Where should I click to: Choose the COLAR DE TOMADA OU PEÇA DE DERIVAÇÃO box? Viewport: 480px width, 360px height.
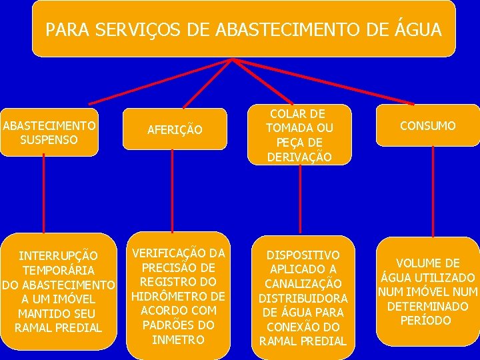coord(299,135)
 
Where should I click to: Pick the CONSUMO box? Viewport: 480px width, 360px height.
coord(427,125)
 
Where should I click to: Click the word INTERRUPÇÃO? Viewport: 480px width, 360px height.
coord(58,256)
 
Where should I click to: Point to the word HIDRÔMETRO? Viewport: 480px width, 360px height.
coord(178,296)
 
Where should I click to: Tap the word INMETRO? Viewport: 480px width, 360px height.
coord(178,339)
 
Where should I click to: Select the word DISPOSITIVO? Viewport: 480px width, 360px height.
coord(303,255)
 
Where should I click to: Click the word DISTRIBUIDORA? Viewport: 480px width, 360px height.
coord(303,298)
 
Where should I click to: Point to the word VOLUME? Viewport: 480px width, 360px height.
coord(427,263)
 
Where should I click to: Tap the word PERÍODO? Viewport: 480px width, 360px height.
coord(427,321)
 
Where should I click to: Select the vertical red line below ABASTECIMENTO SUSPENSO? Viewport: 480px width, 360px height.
coord(44,193)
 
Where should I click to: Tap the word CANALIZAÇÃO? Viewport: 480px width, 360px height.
coord(303,284)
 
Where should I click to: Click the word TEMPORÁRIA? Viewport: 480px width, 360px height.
coord(58,271)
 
